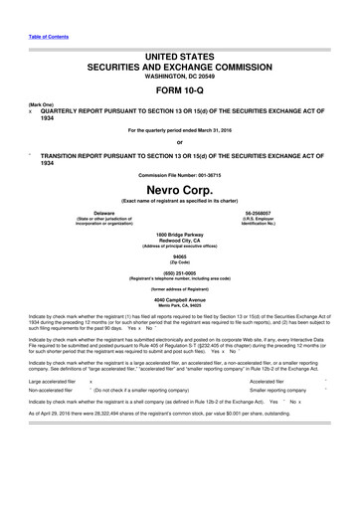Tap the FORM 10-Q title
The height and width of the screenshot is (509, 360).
tap(179, 85)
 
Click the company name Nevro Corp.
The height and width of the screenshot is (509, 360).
tap(179, 189)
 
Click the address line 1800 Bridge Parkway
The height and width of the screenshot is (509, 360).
tap(179, 235)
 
